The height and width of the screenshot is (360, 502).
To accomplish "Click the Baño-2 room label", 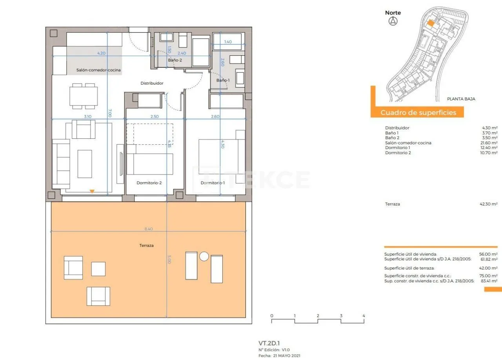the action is pyautogui.click(x=175, y=60).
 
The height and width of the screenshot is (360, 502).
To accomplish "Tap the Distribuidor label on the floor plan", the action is pyautogui.click(x=152, y=83).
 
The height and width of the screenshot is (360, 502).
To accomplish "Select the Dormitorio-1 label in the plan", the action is pyautogui.click(x=213, y=183).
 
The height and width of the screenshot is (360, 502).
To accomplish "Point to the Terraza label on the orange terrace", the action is pyautogui.click(x=147, y=245).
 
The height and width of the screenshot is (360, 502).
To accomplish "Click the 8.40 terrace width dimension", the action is pyautogui.click(x=149, y=229).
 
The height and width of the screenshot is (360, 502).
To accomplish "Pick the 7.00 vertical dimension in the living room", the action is pyautogui.click(x=110, y=113).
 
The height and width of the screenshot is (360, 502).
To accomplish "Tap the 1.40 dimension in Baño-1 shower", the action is pyautogui.click(x=228, y=42).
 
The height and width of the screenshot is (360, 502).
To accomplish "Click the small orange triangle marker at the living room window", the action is pyautogui.click(x=92, y=191).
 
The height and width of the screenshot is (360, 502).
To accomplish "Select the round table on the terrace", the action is pyautogui.click(x=204, y=256).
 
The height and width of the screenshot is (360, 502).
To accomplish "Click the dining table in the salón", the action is pyautogui.click(x=84, y=96).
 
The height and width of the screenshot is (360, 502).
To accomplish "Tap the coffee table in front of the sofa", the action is pyautogui.click(x=85, y=164).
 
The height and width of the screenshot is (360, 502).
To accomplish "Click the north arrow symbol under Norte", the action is pyautogui.click(x=393, y=21).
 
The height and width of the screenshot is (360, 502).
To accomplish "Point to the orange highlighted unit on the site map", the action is pyautogui.click(x=431, y=23).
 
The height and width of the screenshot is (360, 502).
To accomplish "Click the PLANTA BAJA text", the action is pyautogui.click(x=461, y=99).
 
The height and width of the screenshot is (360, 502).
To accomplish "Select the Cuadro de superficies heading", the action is pyautogui.click(x=418, y=112).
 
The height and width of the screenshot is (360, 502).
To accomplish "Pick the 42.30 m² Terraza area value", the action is pyautogui.click(x=489, y=204).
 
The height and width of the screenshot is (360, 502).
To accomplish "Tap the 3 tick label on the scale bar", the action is pyautogui.click(x=341, y=316).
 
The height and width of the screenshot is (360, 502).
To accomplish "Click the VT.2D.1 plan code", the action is pyautogui.click(x=269, y=343).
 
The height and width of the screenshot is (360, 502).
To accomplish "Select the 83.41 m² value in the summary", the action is pyautogui.click(x=489, y=281).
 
